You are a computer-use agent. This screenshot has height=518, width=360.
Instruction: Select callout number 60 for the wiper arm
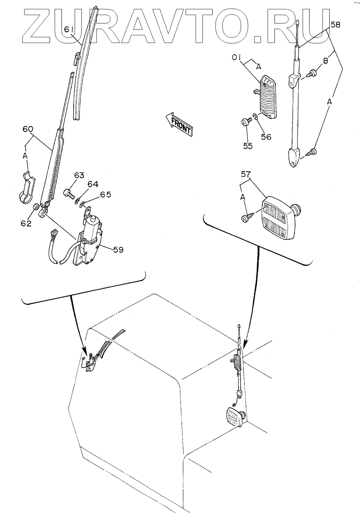click(28, 129)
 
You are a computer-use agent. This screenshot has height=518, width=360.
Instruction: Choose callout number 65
click(106, 195)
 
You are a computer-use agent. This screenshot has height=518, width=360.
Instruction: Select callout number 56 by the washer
click(266, 137)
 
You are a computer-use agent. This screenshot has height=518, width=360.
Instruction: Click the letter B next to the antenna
click(326, 62)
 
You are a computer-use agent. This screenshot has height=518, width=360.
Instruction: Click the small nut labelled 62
click(36, 206)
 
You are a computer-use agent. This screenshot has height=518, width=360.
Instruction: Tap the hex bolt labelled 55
click(244, 122)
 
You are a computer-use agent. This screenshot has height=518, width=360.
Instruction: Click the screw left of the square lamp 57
click(248, 217)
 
